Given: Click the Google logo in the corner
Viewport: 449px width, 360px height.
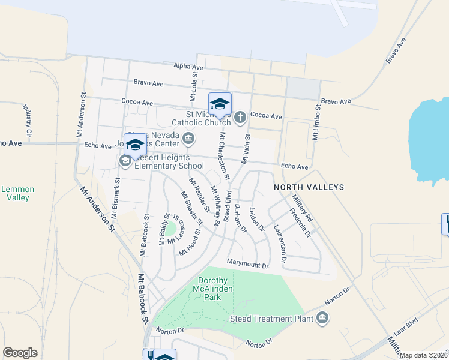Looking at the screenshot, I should click(20, 353).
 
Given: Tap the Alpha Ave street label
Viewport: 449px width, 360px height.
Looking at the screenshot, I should click(187, 67).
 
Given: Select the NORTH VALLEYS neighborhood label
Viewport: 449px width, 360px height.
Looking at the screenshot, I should click(309, 187).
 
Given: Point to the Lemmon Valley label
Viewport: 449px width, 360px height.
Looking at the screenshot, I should click(17, 193).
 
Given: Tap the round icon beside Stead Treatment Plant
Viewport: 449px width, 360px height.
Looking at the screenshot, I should click(322, 317).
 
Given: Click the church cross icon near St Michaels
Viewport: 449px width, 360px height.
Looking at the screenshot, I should click(240, 116).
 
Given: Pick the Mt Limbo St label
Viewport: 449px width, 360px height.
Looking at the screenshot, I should click(315, 122).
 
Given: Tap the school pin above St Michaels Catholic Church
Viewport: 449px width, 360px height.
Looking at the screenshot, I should click(220, 104).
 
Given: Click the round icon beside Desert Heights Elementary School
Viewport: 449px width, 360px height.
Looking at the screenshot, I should click(125, 160).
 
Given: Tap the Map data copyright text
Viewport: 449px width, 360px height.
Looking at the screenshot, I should click(424, 355).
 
